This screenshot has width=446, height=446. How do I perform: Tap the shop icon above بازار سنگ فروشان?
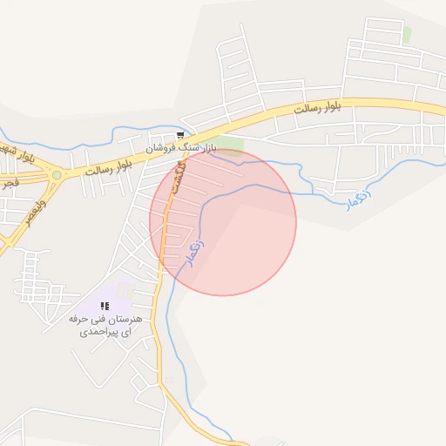(180, 136)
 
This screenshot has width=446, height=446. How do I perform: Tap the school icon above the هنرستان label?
(105, 306)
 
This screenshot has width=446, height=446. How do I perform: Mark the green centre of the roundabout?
(57, 175)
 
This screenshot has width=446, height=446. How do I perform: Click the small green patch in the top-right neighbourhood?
(407, 34)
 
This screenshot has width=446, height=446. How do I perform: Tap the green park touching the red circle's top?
(228, 144)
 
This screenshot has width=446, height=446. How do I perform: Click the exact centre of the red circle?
(223, 223)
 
